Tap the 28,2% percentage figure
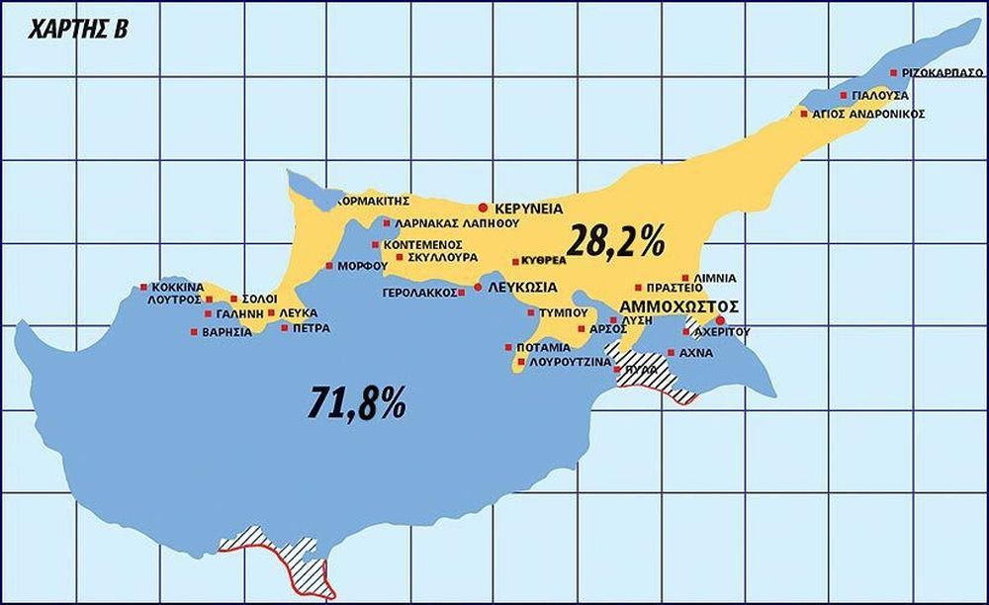[x=616, y=239]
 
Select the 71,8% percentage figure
[x=357, y=402]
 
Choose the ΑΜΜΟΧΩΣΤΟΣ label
[x=679, y=306]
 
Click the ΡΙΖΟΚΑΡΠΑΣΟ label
[x=942, y=73]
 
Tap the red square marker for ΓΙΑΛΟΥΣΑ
[x=844, y=96]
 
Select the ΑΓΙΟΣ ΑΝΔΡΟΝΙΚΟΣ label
[x=868, y=115]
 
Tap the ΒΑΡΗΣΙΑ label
[x=226, y=332]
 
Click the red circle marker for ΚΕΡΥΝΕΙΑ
[x=483, y=209]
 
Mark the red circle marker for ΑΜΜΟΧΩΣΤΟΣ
[x=720, y=320]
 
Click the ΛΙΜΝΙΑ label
[x=714, y=279]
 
